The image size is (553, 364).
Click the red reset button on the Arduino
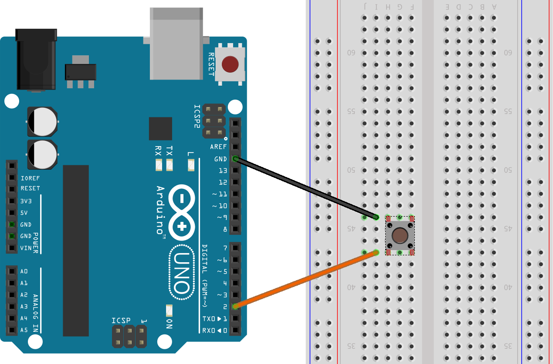(x=230, y=64)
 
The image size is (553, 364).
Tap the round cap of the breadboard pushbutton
(x=400, y=235)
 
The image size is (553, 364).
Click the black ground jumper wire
(x=305, y=188)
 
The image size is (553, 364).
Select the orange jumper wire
(x=305, y=279)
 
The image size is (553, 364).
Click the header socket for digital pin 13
(x=235, y=170)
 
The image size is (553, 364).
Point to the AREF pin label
(x=218, y=147)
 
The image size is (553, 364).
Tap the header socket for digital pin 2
(x=235, y=307)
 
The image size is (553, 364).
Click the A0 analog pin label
(x=24, y=271)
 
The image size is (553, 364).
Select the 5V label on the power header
(x=24, y=213)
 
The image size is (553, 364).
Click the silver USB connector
(x=176, y=43)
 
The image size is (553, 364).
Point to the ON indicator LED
(x=170, y=311)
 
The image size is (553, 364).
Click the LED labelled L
(x=191, y=165)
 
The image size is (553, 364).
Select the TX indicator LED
(x=170, y=165)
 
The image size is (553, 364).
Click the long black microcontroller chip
(x=76, y=250)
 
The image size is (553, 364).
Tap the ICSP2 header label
(x=197, y=117)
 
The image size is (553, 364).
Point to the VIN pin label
(x=26, y=248)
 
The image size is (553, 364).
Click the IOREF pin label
(x=30, y=178)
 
